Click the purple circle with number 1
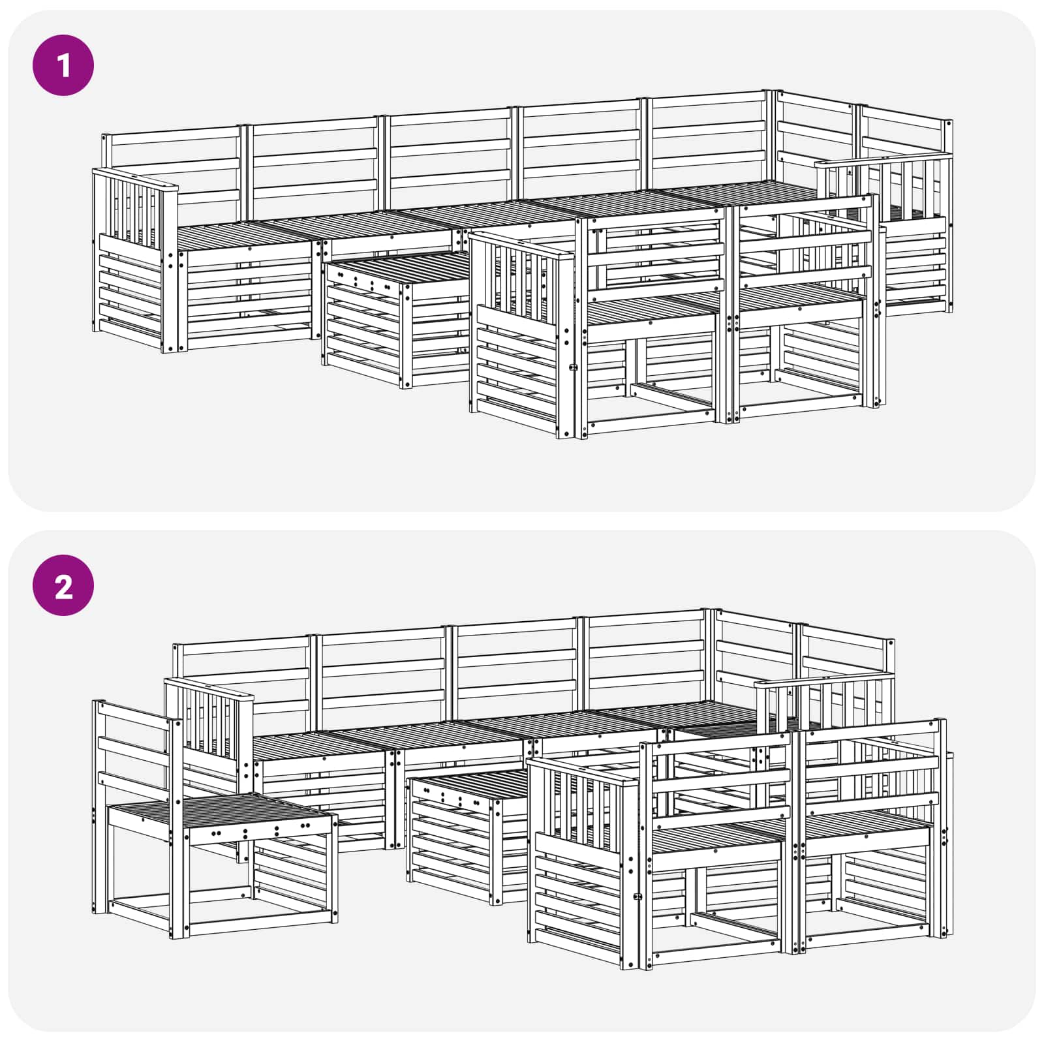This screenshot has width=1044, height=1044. pyautogui.click(x=63, y=65)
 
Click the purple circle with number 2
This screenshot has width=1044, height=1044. pyautogui.click(x=63, y=585)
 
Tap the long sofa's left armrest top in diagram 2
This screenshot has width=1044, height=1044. pyautogui.click(x=208, y=689)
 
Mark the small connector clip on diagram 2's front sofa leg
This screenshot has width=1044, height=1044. pyautogui.click(x=639, y=897)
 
